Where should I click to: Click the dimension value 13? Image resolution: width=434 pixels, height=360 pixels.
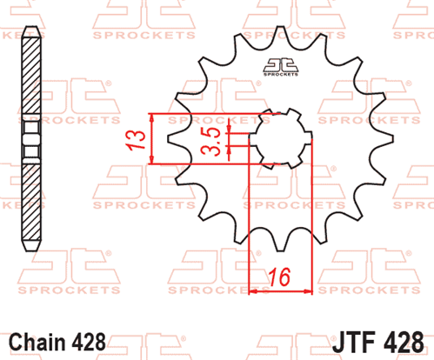click(136, 140)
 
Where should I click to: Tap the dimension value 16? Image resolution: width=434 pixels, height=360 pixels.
click(279, 277)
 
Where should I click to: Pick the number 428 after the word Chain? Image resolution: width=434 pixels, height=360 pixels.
click(89, 343)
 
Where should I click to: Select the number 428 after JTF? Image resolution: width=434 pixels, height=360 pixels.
click(404, 343)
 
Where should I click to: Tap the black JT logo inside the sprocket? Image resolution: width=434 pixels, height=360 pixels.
click(281, 67)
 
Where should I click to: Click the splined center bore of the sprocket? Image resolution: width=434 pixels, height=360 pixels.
click(280, 139)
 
